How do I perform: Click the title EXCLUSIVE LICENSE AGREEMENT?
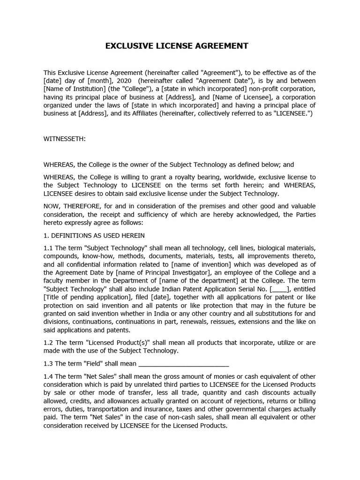point(176,46)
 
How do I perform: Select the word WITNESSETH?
point(65,139)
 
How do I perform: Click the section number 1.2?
point(48,343)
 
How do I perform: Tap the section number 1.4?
point(48,376)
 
